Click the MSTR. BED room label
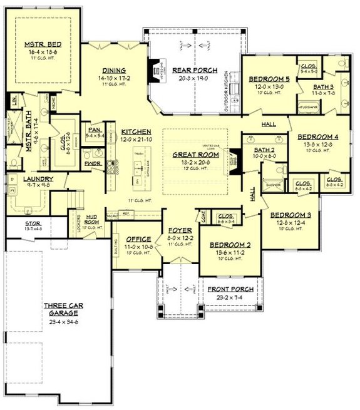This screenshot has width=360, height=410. coord(41,44)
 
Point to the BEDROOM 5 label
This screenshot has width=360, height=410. coord(269,79)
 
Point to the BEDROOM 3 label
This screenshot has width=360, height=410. coord(289,215)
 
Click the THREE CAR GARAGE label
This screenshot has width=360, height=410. coord(61,309)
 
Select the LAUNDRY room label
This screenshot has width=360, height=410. coord(22,178)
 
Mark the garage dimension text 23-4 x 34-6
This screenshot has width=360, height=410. coord(61,322)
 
